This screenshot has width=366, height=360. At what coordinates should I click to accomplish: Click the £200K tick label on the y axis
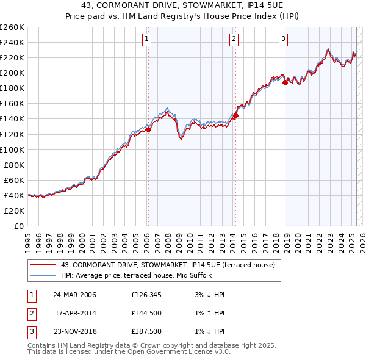pos(12,73)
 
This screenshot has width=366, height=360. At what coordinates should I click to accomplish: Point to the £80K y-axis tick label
pos(13,165)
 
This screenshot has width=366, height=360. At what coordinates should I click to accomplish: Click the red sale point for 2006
pos(149,129)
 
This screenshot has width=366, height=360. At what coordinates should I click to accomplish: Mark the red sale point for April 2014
pos(235,115)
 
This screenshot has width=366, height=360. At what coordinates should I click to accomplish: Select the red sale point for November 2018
pos(285,83)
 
